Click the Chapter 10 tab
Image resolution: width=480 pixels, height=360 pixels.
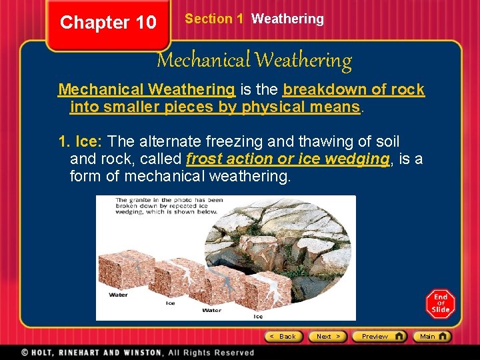[x=108, y=23]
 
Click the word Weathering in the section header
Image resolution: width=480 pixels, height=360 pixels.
[x=287, y=19]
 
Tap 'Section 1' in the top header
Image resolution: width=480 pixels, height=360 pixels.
[x=214, y=19]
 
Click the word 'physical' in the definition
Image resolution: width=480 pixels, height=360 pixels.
[x=273, y=106]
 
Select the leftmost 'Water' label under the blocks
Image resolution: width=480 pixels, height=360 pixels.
[x=118, y=295]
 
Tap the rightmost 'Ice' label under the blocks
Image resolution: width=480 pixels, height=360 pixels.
[x=258, y=316]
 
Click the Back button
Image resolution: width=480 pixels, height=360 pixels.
[x=284, y=337]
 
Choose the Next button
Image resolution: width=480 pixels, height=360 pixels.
[x=328, y=337]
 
